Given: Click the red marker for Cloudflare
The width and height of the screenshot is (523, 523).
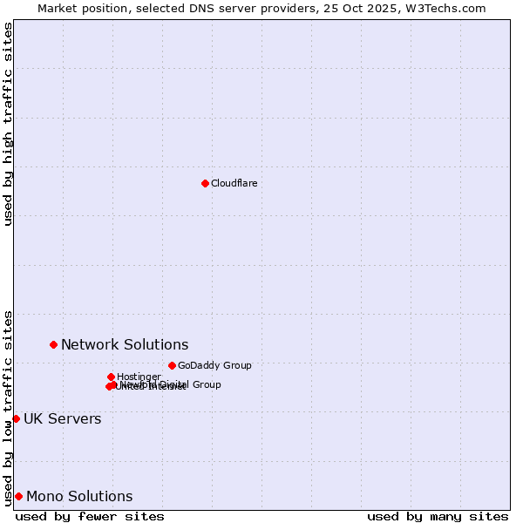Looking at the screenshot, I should (x=205, y=183).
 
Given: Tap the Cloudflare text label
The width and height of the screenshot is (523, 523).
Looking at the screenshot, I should (x=234, y=183).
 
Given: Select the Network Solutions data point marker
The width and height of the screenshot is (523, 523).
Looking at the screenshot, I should (x=53, y=344).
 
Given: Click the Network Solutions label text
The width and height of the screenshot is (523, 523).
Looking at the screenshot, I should (x=125, y=344).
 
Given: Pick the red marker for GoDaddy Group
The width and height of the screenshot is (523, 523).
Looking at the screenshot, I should (x=172, y=365).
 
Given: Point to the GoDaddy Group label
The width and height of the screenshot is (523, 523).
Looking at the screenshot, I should (x=214, y=365).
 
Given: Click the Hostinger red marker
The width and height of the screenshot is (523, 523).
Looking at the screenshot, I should (x=111, y=377).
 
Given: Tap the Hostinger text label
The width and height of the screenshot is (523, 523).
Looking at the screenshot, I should (x=139, y=377).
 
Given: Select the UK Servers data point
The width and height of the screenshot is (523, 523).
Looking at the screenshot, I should (x=16, y=418).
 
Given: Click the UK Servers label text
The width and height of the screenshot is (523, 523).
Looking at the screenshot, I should (x=62, y=418).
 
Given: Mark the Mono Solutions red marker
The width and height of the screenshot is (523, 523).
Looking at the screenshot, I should (x=18, y=496).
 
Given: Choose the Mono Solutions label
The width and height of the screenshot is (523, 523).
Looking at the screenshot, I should (x=79, y=496).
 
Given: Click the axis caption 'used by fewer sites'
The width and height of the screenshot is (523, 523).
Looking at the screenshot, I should (x=90, y=516).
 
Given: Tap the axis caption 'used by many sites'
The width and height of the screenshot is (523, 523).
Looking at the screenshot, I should (x=438, y=516).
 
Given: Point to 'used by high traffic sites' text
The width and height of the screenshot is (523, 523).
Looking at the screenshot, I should (x=8, y=124).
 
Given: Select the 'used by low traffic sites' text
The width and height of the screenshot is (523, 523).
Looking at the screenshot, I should (x=8, y=407).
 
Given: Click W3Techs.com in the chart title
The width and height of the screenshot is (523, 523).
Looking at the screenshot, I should (x=450, y=8).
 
